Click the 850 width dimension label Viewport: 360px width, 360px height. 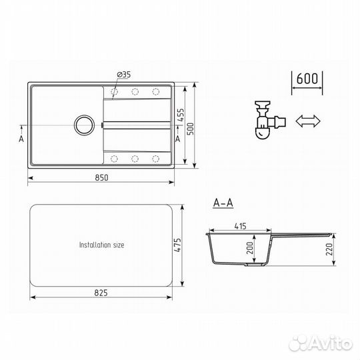point(101,178)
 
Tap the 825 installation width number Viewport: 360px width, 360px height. point(101,293)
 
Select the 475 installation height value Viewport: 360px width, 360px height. point(177,245)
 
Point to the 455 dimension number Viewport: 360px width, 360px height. point(181,115)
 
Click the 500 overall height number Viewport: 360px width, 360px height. point(191,129)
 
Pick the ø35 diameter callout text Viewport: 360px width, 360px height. point(124,75)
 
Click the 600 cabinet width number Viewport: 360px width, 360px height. point(307,79)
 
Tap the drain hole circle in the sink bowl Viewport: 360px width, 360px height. point(84,125)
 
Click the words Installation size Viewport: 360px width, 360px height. point(102,245)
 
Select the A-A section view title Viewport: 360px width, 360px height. point(223,203)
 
